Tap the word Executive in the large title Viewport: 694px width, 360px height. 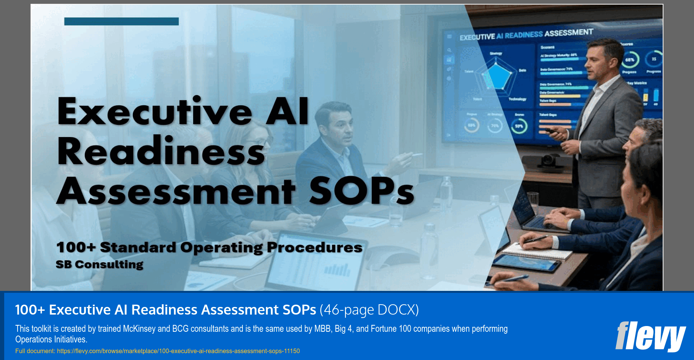pos(155,111)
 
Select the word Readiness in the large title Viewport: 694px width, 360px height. pos(161,152)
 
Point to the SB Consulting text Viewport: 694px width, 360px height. pos(99,264)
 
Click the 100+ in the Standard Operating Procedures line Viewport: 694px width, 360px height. pos(76,247)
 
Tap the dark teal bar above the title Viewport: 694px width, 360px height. pos(121,21)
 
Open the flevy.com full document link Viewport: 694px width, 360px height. pos(178,351)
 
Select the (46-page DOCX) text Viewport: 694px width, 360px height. pos(369,310)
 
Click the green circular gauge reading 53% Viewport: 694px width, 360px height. pos(519,126)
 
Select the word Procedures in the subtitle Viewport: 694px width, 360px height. pos(314,247)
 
